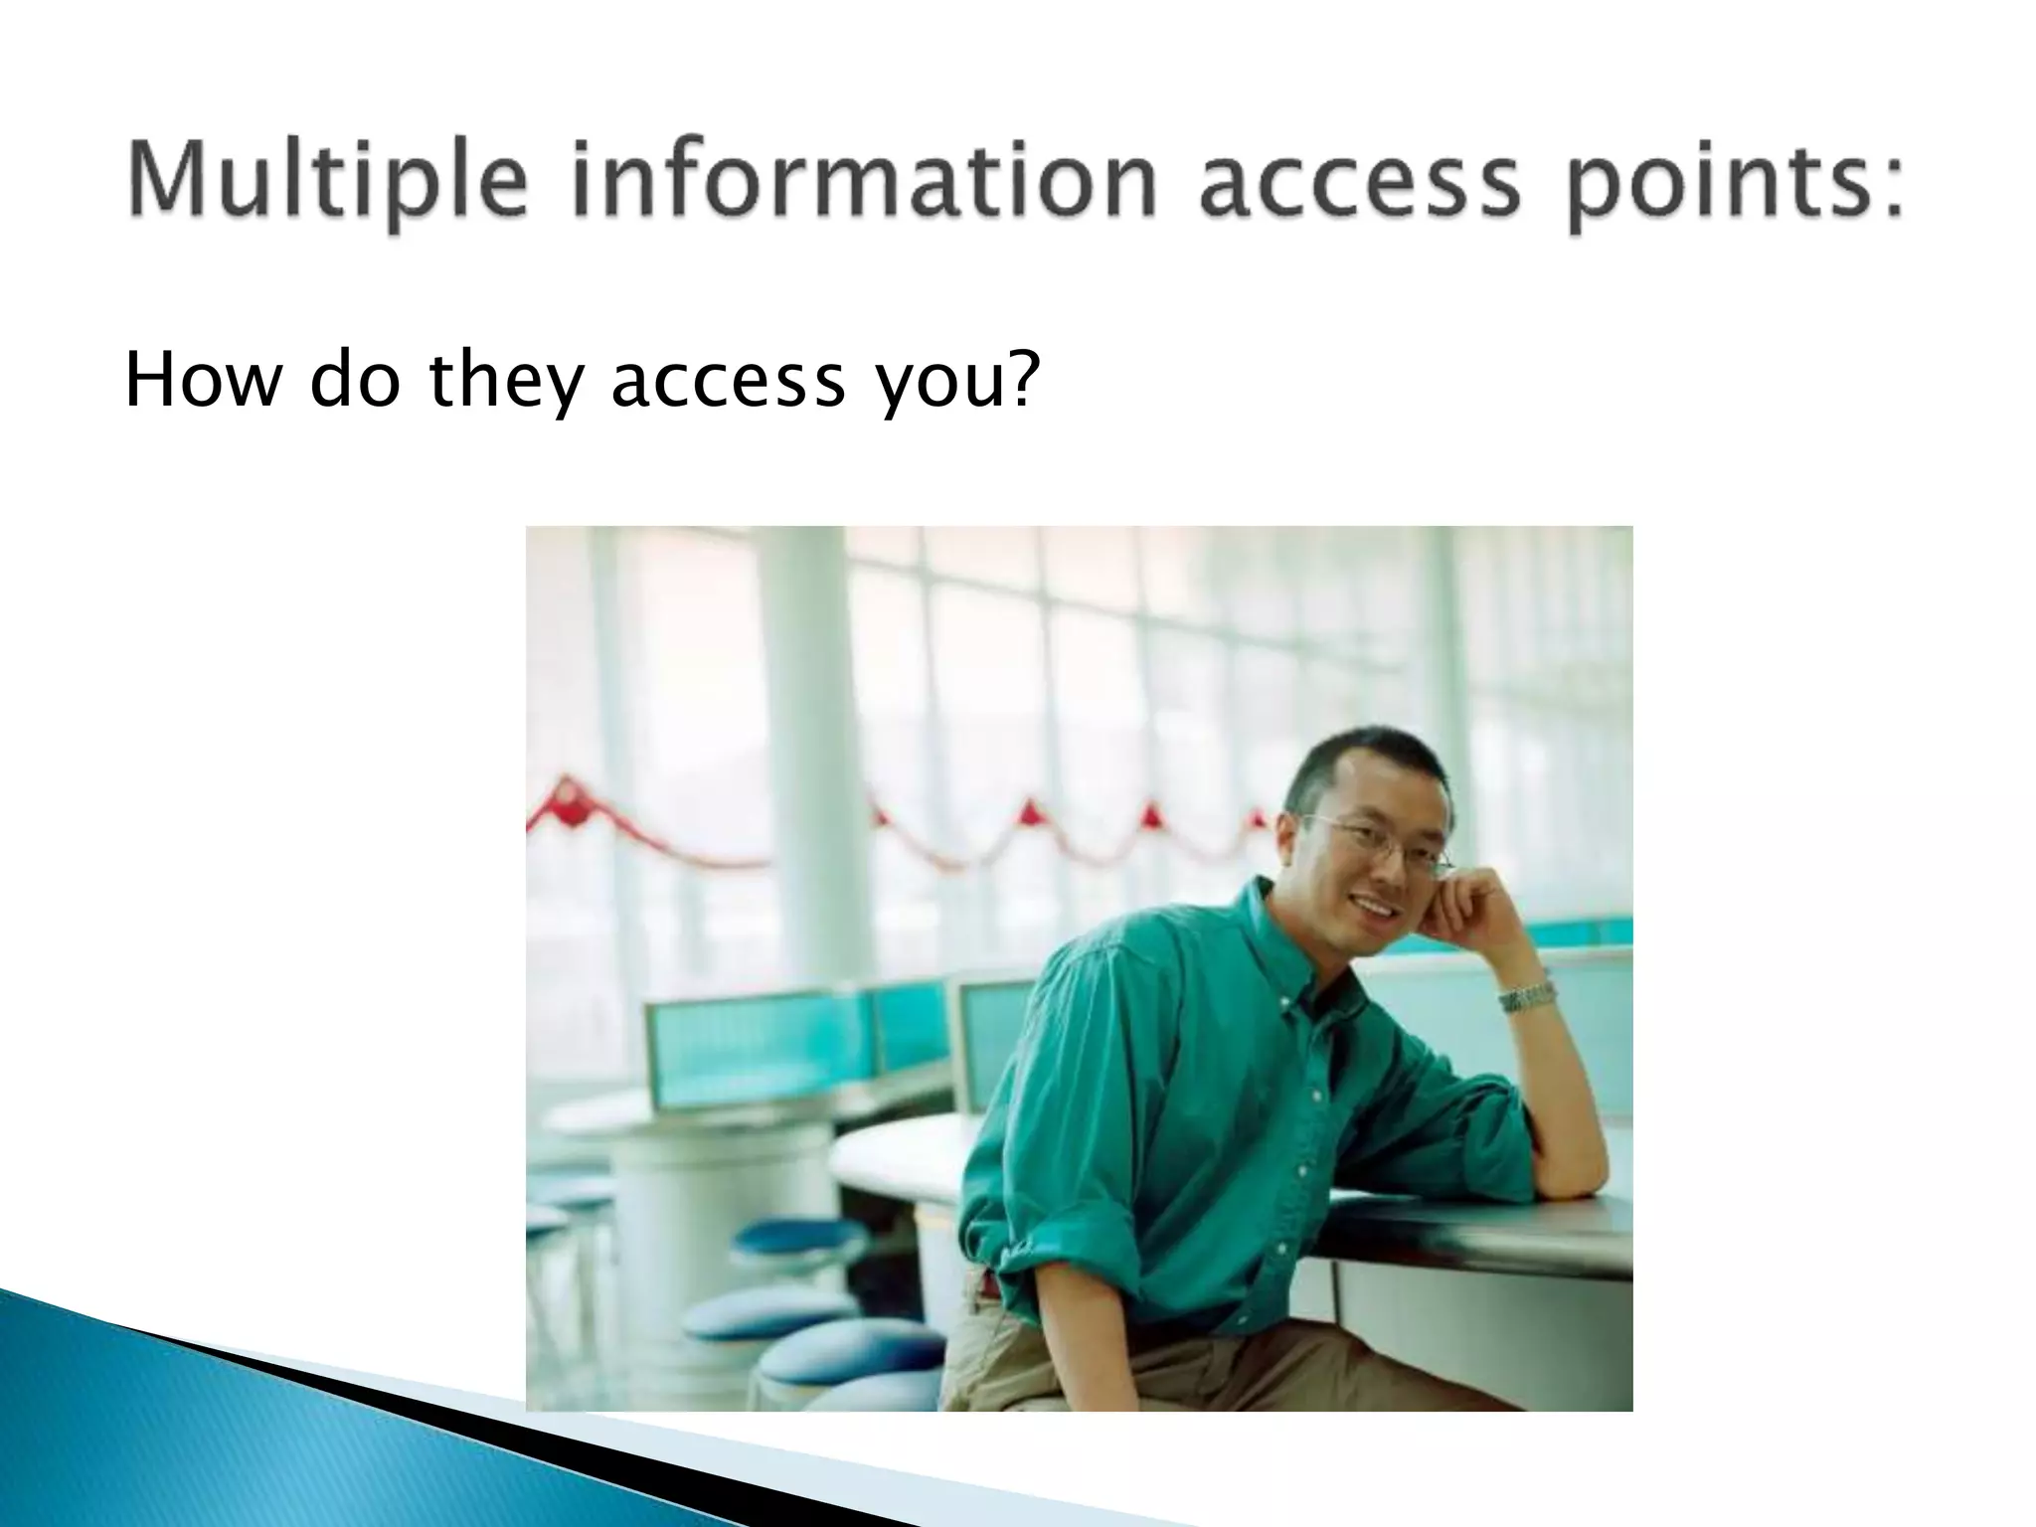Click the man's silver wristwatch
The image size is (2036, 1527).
1527,996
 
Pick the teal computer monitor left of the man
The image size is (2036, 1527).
756,1049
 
